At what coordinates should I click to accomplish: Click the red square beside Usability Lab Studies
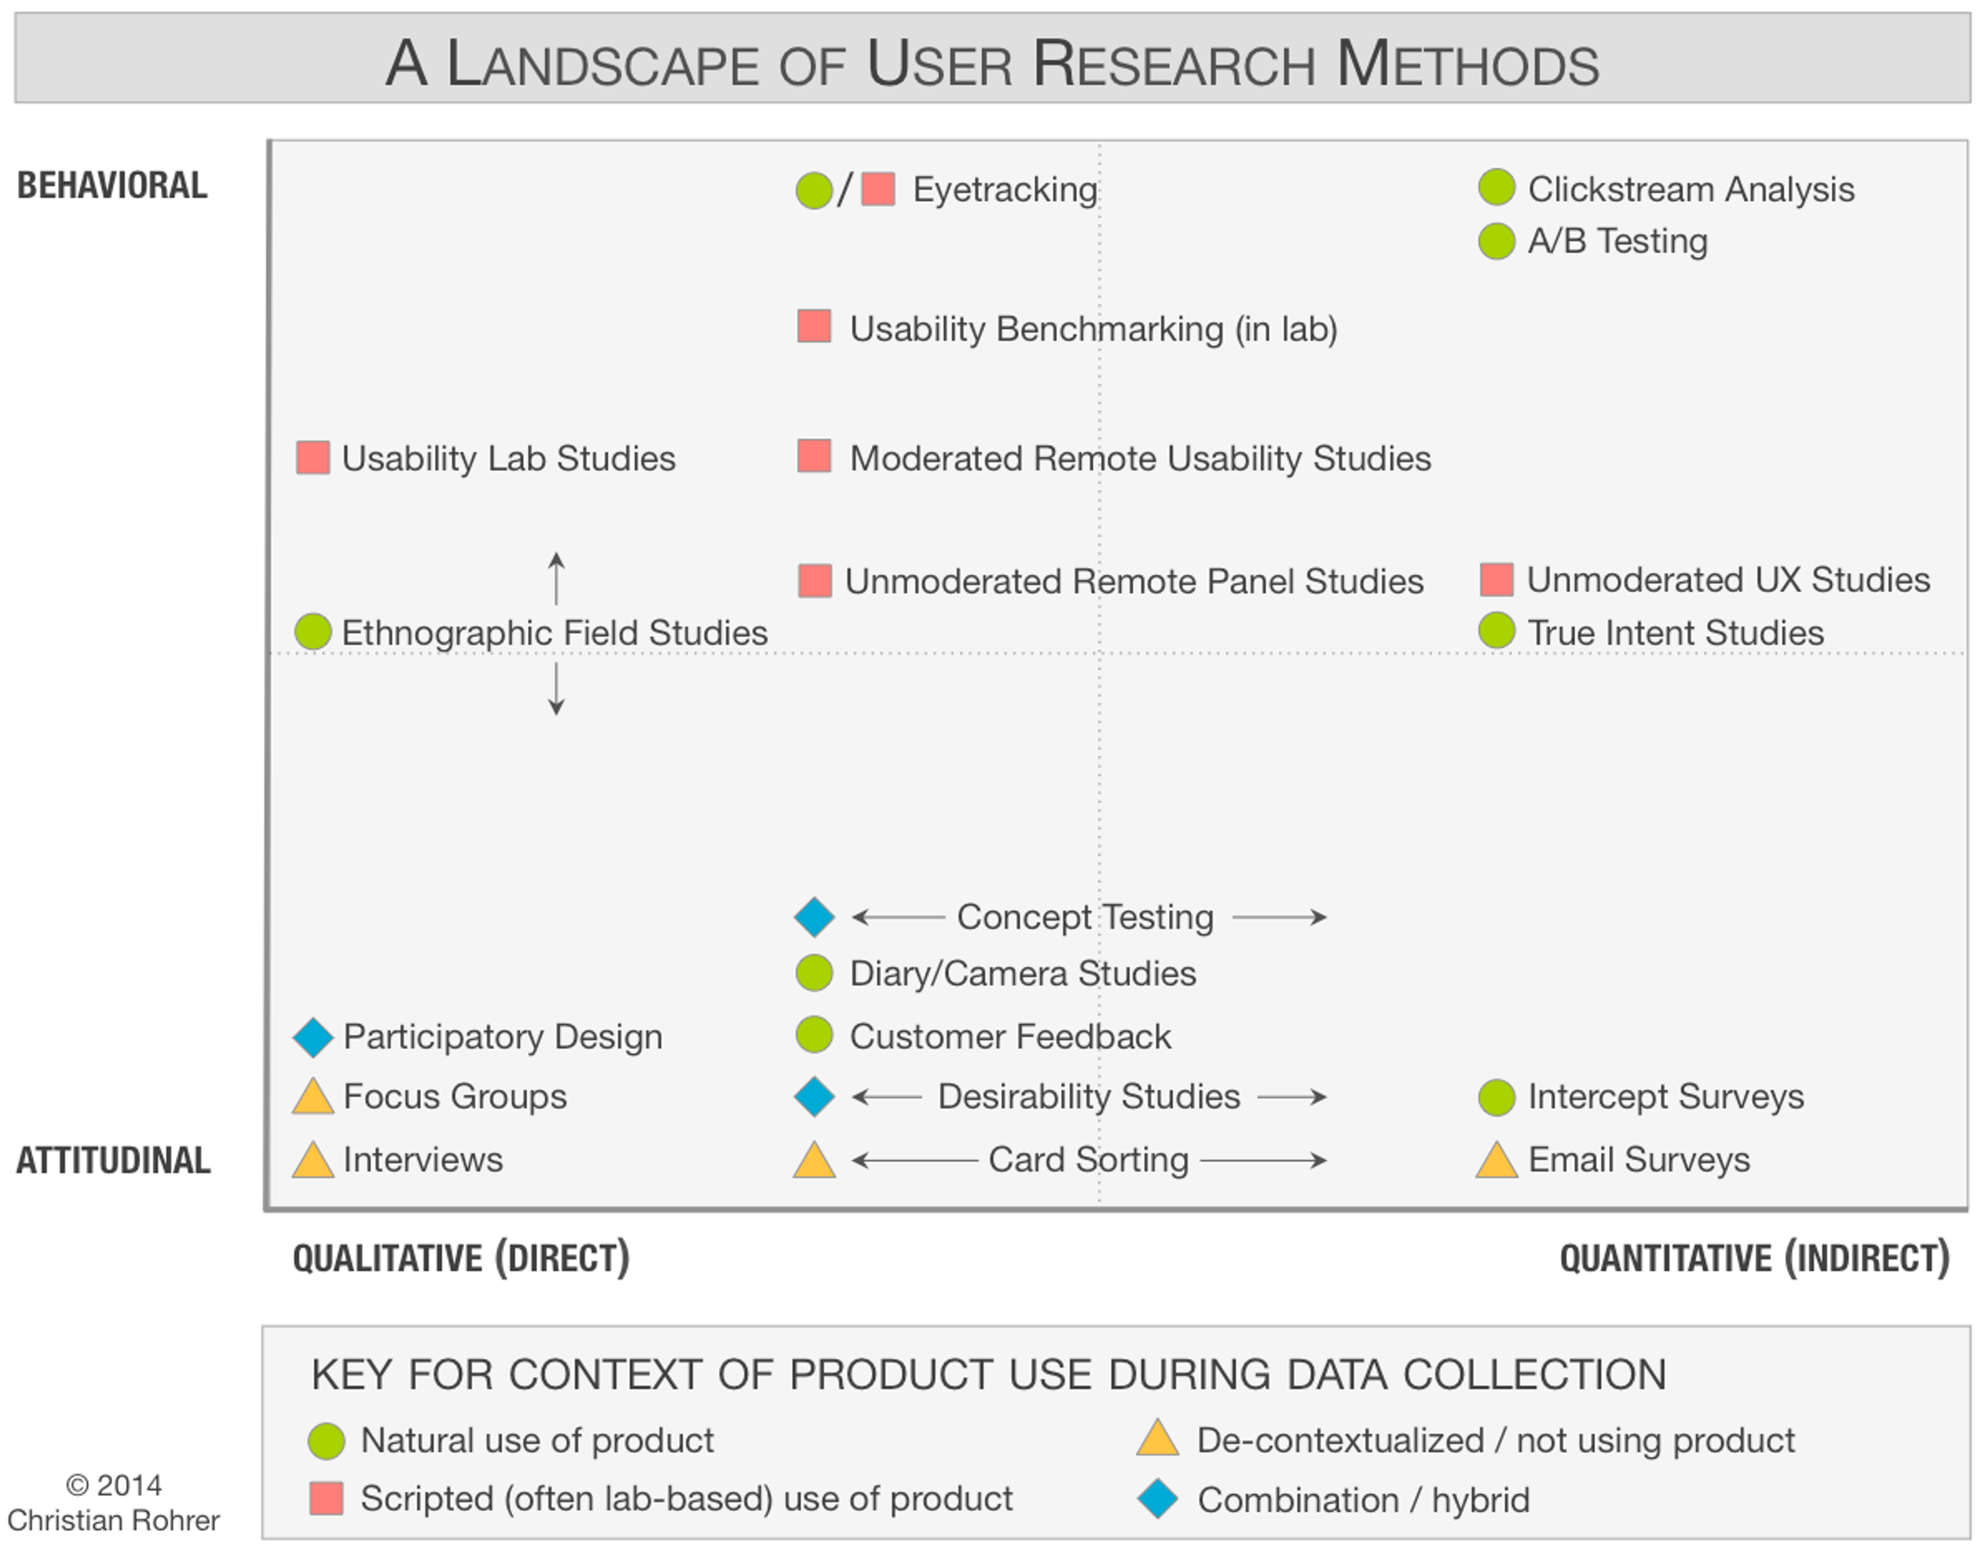[x=313, y=458]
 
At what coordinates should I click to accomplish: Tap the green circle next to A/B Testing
[x=1497, y=241]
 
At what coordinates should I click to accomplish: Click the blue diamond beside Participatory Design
[x=313, y=1038]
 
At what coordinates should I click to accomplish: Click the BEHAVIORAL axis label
[x=112, y=185]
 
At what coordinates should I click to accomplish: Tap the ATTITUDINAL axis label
[x=113, y=1160]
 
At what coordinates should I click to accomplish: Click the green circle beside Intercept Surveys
[x=1497, y=1097]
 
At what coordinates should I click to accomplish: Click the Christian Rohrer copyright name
[x=113, y=1520]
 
